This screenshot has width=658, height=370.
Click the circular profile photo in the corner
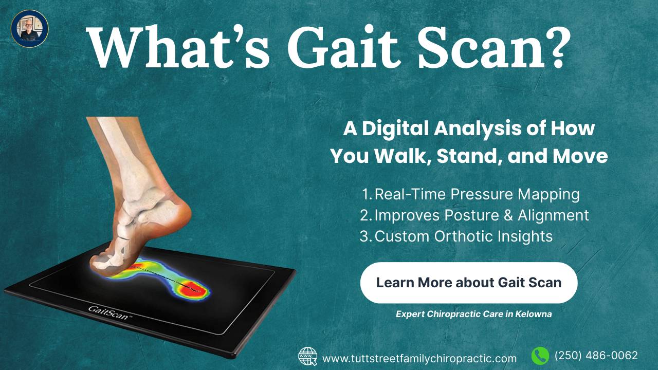point(29,29)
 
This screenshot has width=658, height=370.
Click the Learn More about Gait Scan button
point(468,283)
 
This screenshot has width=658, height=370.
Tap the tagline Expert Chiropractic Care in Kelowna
point(473,314)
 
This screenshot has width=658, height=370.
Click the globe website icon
point(308,356)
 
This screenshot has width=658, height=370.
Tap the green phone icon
point(540,356)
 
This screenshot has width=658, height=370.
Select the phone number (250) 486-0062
point(596,356)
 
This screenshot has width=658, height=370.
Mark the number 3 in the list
point(364,237)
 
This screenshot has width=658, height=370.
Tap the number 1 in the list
point(366,195)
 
